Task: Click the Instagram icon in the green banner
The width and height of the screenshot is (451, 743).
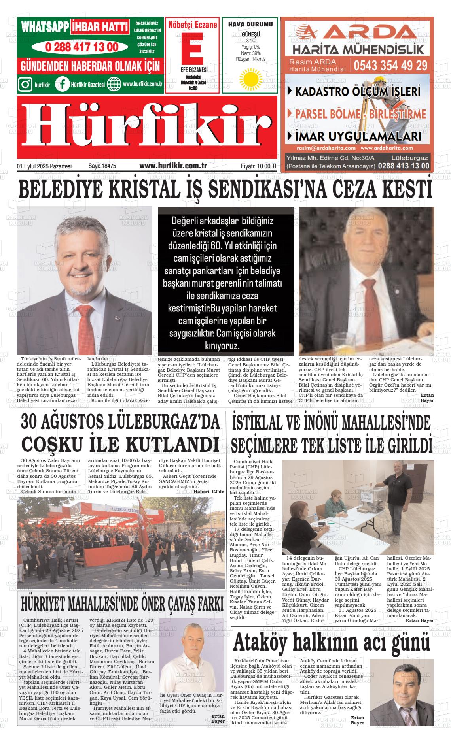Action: [x=26, y=84]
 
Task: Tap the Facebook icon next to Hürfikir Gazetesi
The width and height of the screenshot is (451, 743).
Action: [x=62, y=84]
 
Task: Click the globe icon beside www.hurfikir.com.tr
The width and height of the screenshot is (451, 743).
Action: [x=114, y=84]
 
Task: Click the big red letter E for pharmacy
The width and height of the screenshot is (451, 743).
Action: [x=192, y=48]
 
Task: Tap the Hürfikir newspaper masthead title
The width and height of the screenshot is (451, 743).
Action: [x=147, y=127]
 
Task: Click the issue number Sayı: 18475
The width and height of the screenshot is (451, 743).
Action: [x=102, y=166]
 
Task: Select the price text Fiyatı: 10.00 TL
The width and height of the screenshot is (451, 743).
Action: [x=259, y=166]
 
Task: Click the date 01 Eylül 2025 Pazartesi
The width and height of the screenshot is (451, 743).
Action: [x=44, y=166]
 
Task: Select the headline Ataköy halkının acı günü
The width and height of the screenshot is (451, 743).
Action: [x=331, y=643]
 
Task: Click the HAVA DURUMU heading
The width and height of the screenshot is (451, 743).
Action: [x=250, y=24]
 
